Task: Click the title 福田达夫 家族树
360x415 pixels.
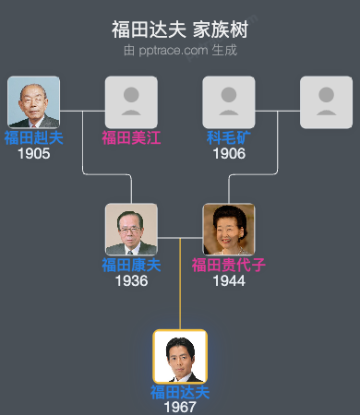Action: coord(180,30)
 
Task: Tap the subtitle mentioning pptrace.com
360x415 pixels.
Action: coord(180,50)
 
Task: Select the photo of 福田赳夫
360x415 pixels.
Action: coord(33,102)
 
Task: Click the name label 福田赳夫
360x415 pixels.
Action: coord(33,138)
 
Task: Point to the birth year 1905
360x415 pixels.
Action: coord(33,154)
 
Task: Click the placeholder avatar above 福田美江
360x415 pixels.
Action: coord(131,102)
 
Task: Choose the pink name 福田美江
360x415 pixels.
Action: coord(131,138)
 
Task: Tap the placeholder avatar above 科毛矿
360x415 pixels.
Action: coord(229,102)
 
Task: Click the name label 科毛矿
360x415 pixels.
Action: coord(229,138)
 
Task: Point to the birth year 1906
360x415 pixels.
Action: coord(229,154)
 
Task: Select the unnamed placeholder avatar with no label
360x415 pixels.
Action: coord(327,102)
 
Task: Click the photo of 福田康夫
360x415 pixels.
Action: coord(131,230)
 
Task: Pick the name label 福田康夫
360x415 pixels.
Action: coord(131,266)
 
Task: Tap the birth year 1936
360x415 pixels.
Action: coord(131,281)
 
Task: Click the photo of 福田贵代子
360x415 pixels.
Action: coord(229,230)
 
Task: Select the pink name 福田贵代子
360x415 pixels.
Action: coord(229,266)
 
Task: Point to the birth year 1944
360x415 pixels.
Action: coord(229,281)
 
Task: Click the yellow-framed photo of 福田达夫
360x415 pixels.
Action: coord(180,357)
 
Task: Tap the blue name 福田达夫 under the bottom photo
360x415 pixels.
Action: coord(180,392)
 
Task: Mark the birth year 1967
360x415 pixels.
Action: coord(180,407)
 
